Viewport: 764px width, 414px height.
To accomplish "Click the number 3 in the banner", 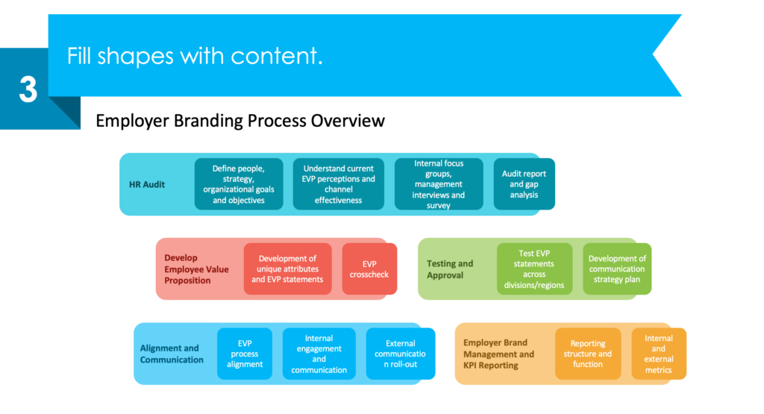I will click(x=28, y=90).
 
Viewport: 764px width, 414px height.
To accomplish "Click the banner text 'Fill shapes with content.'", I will click(x=195, y=56).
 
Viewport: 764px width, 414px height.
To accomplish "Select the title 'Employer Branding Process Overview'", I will click(x=240, y=120).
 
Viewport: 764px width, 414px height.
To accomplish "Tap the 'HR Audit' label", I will click(x=142, y=184).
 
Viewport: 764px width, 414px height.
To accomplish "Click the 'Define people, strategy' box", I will click(x=239, y=184).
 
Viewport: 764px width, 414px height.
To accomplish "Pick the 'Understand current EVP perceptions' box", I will click(x=338, y=184).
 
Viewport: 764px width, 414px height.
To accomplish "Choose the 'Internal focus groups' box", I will click(x=439, y=184).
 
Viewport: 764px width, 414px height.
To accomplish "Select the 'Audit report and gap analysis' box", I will click(x=524, y=184).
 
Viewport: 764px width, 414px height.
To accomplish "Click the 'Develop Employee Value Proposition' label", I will click(x=196, y=269).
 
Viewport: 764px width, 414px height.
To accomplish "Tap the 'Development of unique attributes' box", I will click(x=287, y=269).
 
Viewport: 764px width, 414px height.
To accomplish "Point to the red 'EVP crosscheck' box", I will click(x=369, y=269).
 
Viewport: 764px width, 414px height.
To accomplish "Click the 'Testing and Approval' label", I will click(x=450, y=269).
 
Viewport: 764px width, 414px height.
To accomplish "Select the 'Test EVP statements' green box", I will click(x=534, y=269).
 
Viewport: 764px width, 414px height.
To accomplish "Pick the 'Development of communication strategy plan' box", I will click(x=617, y=269).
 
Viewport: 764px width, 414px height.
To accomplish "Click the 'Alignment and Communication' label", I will click(x=172, y=354).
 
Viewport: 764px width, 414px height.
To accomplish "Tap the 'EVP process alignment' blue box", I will click(x=245, y=354).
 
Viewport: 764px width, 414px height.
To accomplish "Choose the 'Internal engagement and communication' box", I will click(x=319, y=354).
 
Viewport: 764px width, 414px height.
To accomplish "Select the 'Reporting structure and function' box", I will click(x=588, y=354).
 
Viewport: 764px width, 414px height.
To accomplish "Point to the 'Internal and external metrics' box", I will click(x=658, y=354).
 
